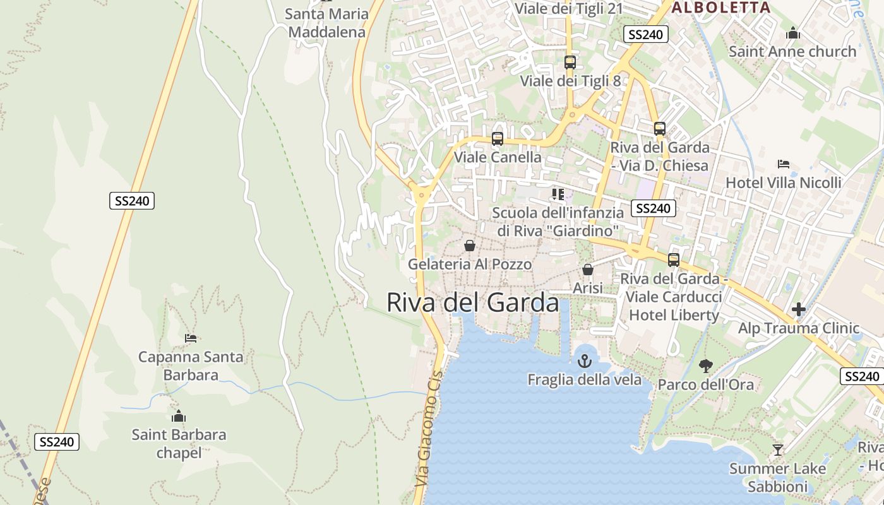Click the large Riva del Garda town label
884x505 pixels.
pyautogui.click(x=472, y=303)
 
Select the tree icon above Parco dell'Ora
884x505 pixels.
pyautogui.click(x=705, y=365)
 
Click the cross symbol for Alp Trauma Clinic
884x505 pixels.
pyautogui.click(x=799, y=309)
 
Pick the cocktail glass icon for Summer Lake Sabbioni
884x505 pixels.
pyautogui.click(x=778, y=450)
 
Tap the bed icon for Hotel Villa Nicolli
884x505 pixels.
pyautogui.click(x=784, y=164)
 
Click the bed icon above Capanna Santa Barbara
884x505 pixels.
pyautogui.click(x=191, y=338)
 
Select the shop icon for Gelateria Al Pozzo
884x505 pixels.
pyautogui.click(x=470, y=246)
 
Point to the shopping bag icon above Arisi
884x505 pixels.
pyautogui.click(x=588, y=270)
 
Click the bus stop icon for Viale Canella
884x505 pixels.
pyautogui.click(x=498, y=139)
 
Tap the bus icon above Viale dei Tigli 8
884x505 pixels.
pyautogui.click(x=570, y=62)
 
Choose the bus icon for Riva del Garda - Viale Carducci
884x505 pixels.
pyautogui.click(x=674, y=260)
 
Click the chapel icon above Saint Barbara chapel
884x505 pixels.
pyautogui.click(x=179, y=417)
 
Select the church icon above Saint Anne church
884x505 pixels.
pyautogui.click(x=793, y=33)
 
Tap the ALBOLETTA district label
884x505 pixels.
pyautogui.click(x=720, y=8)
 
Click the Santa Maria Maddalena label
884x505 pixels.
pyautogui.click(x=326, y=23)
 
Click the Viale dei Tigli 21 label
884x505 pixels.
pyautogui.click(x=569, y=8)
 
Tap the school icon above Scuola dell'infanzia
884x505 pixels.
pyautogui.click(x=558, y=194)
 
